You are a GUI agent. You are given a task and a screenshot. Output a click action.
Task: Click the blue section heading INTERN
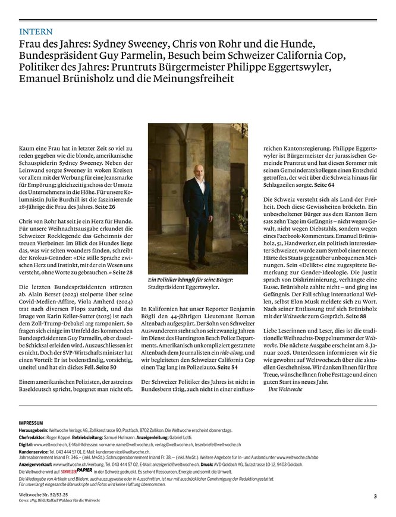click(x=36, y=31)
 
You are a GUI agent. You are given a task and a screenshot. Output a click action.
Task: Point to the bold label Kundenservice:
click(x=34, y=452)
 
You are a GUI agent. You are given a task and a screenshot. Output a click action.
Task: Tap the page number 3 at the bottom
click(x=375, y=496)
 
